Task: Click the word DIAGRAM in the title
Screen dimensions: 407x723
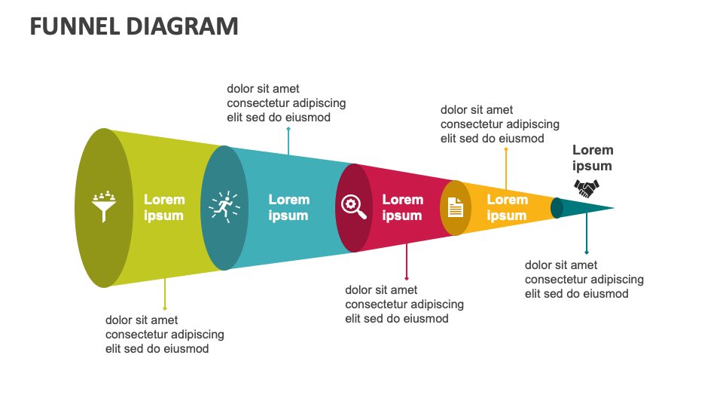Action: (x=182, y=26)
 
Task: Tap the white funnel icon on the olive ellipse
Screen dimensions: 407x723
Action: (x=104, y=206)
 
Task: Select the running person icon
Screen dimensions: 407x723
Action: (x=224, y=207)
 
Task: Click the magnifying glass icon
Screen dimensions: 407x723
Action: (x=353, y=206)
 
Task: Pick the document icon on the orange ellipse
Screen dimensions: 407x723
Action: (x=455, y=207)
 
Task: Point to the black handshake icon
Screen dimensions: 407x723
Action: (x=587, y=188)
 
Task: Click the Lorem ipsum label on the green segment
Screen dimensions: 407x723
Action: (x=164, y=207)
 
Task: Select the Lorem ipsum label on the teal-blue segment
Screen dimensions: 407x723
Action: (x=289, y=207)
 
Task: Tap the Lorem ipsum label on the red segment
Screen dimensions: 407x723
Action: (x=402, y=207)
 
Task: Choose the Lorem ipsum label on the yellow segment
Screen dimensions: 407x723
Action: (x=507, y=207)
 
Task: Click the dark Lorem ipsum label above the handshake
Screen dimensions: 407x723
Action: (x=593, y=158)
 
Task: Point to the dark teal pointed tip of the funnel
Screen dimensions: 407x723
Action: (x=591, y=207)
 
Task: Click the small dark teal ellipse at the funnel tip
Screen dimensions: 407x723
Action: (x=557, y=207)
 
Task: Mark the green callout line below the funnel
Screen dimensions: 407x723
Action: (x=165, y=294)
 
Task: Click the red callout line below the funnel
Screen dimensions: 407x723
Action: (x=407, y=261)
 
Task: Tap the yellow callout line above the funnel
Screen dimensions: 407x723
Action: (x=506, y=167)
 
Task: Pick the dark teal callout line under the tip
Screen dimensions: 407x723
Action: (x=587, y=237)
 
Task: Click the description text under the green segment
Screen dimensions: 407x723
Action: (x=164, y=334)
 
